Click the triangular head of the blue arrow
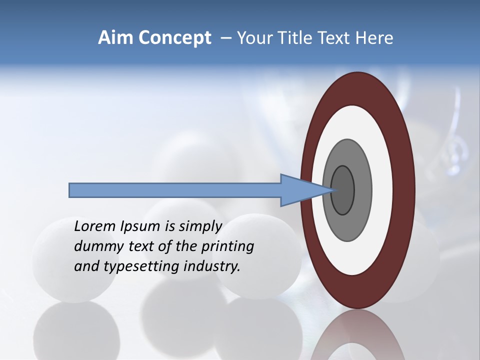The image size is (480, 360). (300, 190)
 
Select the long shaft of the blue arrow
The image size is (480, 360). (175, 190)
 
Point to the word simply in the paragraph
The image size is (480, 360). (200, 226)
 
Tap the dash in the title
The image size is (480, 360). (225, 38)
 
